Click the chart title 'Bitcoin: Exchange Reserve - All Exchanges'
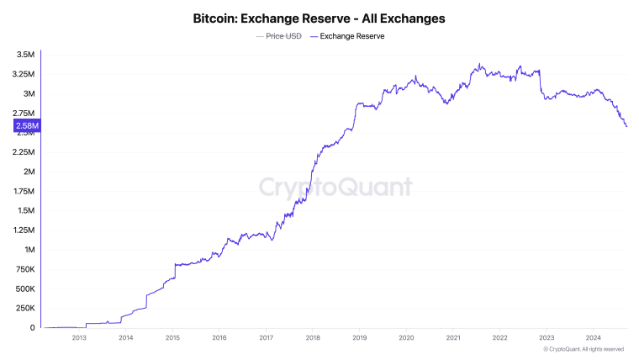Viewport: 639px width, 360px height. click(319, 18)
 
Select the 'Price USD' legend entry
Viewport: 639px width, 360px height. click(283, 36)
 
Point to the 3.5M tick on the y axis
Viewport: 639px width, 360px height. click(24, 55)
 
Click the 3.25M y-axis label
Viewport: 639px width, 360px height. click(23, 74)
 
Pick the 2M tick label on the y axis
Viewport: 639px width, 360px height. click(29, 172)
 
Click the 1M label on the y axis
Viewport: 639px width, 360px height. click(29, 250)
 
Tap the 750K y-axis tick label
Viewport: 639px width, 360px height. click(24, 269)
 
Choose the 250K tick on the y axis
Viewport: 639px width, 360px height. click(24, 309)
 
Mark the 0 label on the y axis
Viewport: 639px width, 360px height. click(32, 328)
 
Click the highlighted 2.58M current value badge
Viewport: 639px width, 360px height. click(25, 126)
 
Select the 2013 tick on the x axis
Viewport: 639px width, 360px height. click(79, 338)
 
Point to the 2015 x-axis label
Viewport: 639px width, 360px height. click(172, 338)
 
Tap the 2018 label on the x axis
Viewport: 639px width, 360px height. click(313, 338)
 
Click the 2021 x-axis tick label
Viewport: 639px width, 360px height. click(453, 338)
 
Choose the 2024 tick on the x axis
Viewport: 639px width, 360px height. click(593, 338)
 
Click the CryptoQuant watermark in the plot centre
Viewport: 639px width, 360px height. click(335, 187)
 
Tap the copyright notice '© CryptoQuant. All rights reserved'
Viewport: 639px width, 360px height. click(584, 349)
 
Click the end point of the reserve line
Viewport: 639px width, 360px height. click(627, 126)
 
